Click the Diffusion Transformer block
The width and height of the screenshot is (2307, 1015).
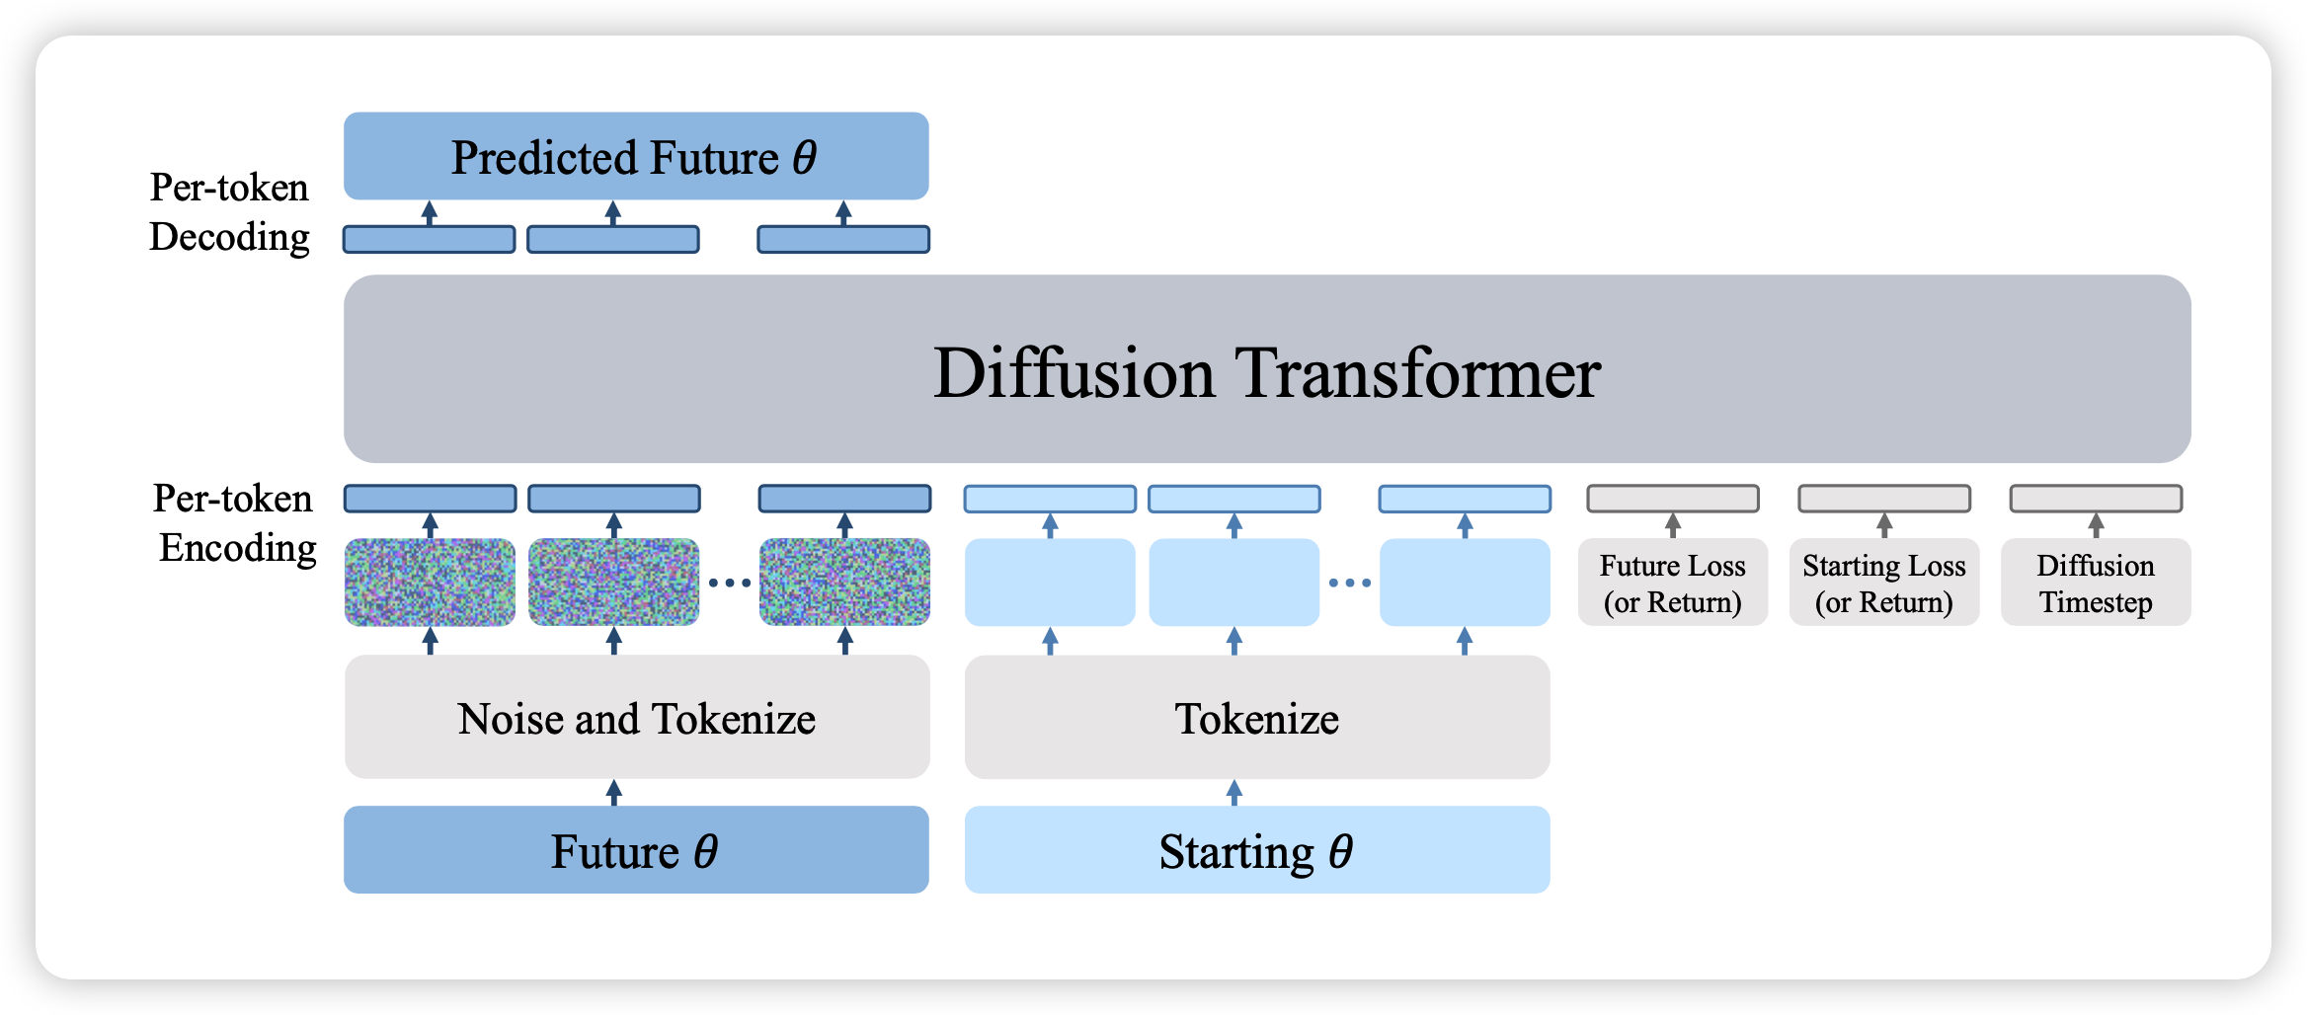pyautogui.click(x=1267, y=368)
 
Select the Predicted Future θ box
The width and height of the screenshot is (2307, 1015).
pyautogui.click(x=636, y=156)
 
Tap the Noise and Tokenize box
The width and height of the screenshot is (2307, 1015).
pyautogui.click(x=637, y=717)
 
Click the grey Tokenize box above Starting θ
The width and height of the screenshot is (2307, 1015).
pyautogui.click(x=1257, y=717)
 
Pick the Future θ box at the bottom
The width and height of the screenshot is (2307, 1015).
pyautogui.click(x=636, y=850)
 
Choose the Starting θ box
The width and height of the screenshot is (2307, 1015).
pyautogui.click(x=1257, y=850)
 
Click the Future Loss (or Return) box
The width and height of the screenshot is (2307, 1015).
pyautogui.click(x=1673, y=583)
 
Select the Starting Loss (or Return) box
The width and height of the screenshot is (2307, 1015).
pyautogui.click(x=1884, y=583)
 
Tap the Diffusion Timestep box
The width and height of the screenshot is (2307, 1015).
pyautogui.click(x=2096, y=583)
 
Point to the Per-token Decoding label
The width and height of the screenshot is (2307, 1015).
pyautogui.click(x=229, y=212)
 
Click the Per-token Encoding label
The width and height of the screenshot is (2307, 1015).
pyautogui.click(x=235, y=523)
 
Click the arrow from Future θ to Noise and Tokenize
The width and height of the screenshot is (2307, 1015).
pyautogui.click(x=614, y=793)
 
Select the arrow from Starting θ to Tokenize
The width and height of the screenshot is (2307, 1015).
pyautogui.click(x=1234, y=793)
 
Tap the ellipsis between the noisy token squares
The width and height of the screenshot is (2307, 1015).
pyautogui.click(x=730, y=583)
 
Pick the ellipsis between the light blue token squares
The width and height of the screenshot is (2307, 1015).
pyautogui.click(x=1350, y=583)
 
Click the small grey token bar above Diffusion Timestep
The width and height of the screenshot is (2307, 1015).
pyautogui.click(x=2096, y=499)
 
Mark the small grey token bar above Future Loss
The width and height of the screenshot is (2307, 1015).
pyautogui.click(x=1673, y=499)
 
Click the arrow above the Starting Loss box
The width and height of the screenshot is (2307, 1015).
pyautogui.click(x=1884, y=525)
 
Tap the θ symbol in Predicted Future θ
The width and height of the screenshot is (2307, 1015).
pyautogui.click(x=805, y=156)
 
